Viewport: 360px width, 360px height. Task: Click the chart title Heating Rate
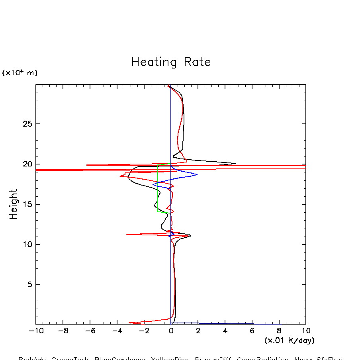pyautogui.click(x=171, y=62)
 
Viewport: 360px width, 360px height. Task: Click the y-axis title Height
pyautogui.click(x=14, y=204)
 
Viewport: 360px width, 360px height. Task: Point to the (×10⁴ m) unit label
pyautogui.click(x=20, y=73)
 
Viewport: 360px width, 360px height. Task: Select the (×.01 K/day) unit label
pyautogui.click(x=289, y=340)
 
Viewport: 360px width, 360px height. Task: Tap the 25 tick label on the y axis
pyautogui.click(x=27, y=124)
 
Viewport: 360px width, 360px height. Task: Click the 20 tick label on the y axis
pyautogui.click(x=27, y=164)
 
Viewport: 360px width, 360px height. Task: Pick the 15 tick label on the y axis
pyautogui.click(x=27, y=204)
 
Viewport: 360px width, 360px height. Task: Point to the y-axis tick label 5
pyautogui.click(x=29, y=285)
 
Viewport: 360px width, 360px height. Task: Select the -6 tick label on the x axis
pyautogui.click(x=90, y=331)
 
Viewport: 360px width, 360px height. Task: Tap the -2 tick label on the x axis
pyautogui.click(x=144, y=331)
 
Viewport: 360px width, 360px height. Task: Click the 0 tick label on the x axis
pyautogui.click(x=171, y=331)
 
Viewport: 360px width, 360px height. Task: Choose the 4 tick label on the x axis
pyautogui.click(x=225, y=331)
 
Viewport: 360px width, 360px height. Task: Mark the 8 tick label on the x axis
pyautogui.click(x=279, y=331)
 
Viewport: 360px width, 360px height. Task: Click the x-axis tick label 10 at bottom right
pyautogui.click(x=306, y=331)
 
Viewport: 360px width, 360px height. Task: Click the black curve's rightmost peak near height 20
pyautogui.click(x=236, y=163)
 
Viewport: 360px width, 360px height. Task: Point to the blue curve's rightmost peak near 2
pyautogui.click(x=197, y=174)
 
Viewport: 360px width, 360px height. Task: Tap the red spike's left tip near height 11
pyautogui.click(x=127, y=234)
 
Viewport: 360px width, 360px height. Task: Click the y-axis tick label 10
pyautogui.click(x=27, y=245)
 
